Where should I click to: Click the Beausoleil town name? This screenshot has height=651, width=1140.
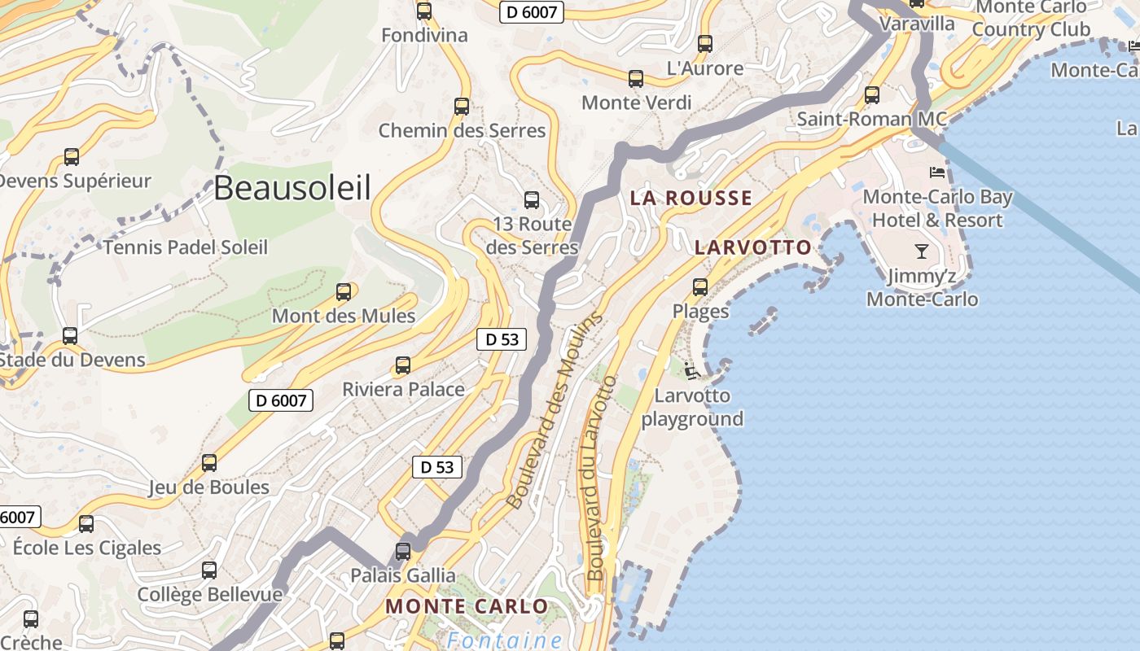click(x=292, y=188)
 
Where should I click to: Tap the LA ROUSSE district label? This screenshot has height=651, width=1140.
click(x=691, y=198)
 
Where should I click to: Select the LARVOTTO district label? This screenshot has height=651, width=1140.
click(x=753, y=247)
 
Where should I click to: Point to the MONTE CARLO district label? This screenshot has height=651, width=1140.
click(x=467, y=606)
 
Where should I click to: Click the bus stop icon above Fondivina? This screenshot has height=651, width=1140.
click(x=424, y=11)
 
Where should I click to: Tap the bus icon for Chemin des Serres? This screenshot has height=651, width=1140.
click(x=462, y=107)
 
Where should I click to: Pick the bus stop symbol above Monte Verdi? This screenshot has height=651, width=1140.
click(x=636, y=79)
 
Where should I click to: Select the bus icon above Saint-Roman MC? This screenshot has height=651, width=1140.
click(x=872, y=95)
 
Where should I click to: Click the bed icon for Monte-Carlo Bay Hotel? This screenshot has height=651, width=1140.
click(x=937, y=173)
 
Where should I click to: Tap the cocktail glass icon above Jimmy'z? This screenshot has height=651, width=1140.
click(x=922, y=251)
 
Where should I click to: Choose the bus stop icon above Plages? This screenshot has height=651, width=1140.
click(x=700, y=287)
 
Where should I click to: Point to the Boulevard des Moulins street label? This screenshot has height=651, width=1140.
click(x=555, y=411)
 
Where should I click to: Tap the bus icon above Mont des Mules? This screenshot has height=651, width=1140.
click(x=344, y=292)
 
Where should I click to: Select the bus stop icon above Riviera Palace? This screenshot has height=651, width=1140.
click(x=403, y=365)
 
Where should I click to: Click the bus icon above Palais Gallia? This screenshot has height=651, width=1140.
click(x=403, y=551)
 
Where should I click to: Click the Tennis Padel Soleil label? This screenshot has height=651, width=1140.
click(x=185, y=247)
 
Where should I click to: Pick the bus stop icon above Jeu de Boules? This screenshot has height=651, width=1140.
click(x=209, y=463)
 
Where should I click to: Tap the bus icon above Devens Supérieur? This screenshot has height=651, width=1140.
click(x=72, y=157)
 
